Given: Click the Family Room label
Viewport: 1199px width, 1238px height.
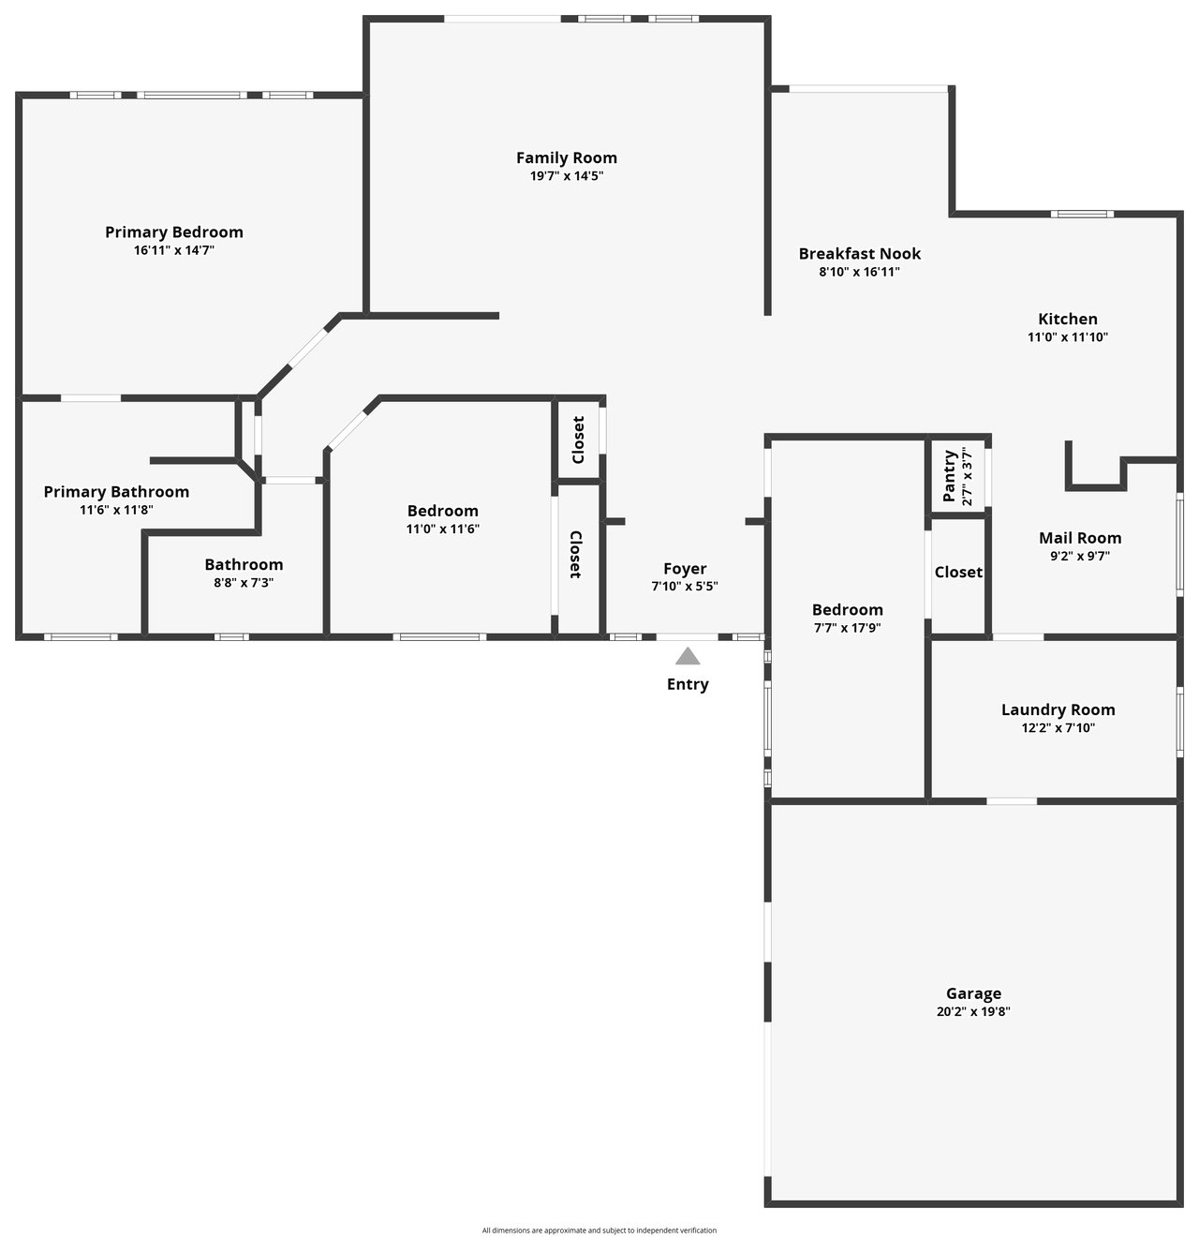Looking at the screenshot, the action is (x=567, y=157).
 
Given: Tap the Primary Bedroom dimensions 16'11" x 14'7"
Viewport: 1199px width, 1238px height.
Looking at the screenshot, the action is (x=174, y=250).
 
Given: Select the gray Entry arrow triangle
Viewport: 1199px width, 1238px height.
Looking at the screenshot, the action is (x=688, y=656).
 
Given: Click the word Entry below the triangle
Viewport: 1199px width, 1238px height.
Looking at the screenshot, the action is (x=688, y=684).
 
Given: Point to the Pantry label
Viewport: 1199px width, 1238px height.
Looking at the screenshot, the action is (x=949, y=476).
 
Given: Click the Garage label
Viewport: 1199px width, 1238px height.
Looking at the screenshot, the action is (x=973, y=993).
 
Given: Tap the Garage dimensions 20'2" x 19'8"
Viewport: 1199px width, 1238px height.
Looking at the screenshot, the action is (x=973, y=1011).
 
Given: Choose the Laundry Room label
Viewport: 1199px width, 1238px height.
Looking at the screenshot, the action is (x=1058, y=710).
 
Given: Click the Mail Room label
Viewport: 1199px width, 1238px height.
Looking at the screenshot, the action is (x=1080, y=538).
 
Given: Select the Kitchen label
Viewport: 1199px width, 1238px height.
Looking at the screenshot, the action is (x=1068, y=320).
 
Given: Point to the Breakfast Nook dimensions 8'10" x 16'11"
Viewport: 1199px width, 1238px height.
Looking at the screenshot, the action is (x=860, y=272).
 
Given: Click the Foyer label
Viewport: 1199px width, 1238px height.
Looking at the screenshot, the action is (x=685, y=569).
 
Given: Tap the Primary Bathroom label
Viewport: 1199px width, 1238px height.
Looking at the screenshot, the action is (x=116, y=492).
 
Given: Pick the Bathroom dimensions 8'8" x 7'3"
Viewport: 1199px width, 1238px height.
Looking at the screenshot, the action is (x=244, y=582).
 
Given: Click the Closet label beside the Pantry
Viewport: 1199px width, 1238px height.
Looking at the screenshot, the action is (x=958, y=573).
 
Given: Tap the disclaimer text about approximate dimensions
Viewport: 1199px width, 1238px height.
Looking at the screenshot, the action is (x=599, y=1231).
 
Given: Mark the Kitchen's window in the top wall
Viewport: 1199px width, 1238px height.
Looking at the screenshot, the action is (x=1081, y=214).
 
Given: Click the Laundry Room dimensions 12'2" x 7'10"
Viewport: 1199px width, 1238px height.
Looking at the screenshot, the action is (x=1058, y=728).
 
